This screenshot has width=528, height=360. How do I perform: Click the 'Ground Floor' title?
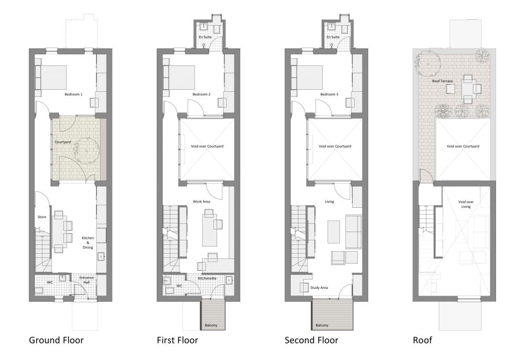click(56, 340)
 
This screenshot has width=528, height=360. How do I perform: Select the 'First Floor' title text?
click(177, 340)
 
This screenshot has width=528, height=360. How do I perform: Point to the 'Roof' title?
click(422, 340)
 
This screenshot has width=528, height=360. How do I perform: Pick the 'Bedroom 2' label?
click(202, 94)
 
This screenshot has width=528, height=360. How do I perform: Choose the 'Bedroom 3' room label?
click(329, 94)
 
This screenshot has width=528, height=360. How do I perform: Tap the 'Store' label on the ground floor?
click(42, 217)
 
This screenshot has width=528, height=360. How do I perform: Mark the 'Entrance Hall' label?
click(87, 280)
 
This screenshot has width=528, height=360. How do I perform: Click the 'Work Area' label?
click(202, 201)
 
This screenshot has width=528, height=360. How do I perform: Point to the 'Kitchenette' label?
click(208, 279)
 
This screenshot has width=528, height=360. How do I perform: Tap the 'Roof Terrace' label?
click(443, 81)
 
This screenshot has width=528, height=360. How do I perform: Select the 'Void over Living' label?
click(466, 204)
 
